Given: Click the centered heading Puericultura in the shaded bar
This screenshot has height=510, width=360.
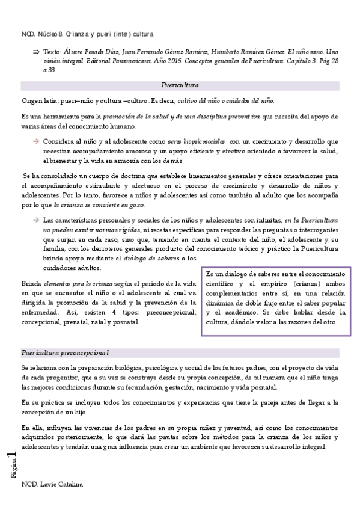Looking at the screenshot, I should coord(180,85).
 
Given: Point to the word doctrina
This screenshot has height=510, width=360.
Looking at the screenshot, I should coord(124,176).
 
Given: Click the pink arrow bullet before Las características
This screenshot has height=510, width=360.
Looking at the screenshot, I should coord(35,220).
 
